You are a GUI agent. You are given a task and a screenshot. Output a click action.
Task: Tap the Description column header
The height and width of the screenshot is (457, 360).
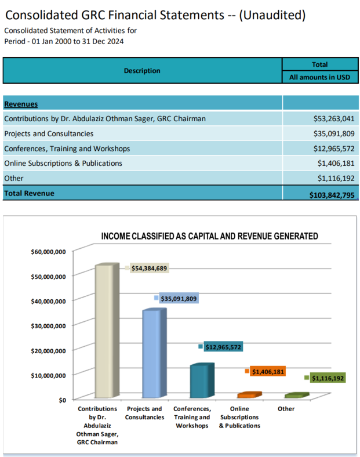(x=142, y=71)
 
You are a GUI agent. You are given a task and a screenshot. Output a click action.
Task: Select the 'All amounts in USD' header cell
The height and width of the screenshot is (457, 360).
(x=320, y=77)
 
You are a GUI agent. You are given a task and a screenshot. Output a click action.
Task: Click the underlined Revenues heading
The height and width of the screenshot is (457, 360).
(x=21, y=104)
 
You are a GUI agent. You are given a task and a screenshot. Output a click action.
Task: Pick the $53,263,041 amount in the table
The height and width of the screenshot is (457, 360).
(x=333, y=119)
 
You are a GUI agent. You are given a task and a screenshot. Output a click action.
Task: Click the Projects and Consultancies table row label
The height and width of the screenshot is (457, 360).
(x=49, y=133)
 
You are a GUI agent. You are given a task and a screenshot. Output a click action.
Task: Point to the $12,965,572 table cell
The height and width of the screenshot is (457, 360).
(x=333, y=148)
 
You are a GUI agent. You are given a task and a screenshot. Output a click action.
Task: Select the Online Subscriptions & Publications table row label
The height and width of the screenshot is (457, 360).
(x=63, y=164)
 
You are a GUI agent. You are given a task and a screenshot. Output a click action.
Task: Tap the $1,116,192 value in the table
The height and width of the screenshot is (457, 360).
(x=336, y=179)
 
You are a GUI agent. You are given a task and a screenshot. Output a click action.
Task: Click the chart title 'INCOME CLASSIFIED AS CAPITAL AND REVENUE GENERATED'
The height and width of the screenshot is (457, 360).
(x=209, y=237)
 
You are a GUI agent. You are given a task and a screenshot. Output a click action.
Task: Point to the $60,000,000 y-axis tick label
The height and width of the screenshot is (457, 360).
(x=48, y=252)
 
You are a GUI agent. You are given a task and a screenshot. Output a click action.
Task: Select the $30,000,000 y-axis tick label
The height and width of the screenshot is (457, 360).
(x=48, y=325)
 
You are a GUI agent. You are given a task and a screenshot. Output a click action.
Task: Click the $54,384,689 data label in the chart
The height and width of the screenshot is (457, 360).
(x=150, y=269)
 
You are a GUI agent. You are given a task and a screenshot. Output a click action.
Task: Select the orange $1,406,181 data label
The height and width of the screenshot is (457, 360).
(x=268, y=371)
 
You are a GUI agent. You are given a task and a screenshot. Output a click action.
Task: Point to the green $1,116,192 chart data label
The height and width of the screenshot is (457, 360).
(x=328, y=378)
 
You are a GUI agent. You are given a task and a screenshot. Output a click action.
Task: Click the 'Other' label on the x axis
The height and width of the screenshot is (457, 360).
(x=286, y=409)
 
